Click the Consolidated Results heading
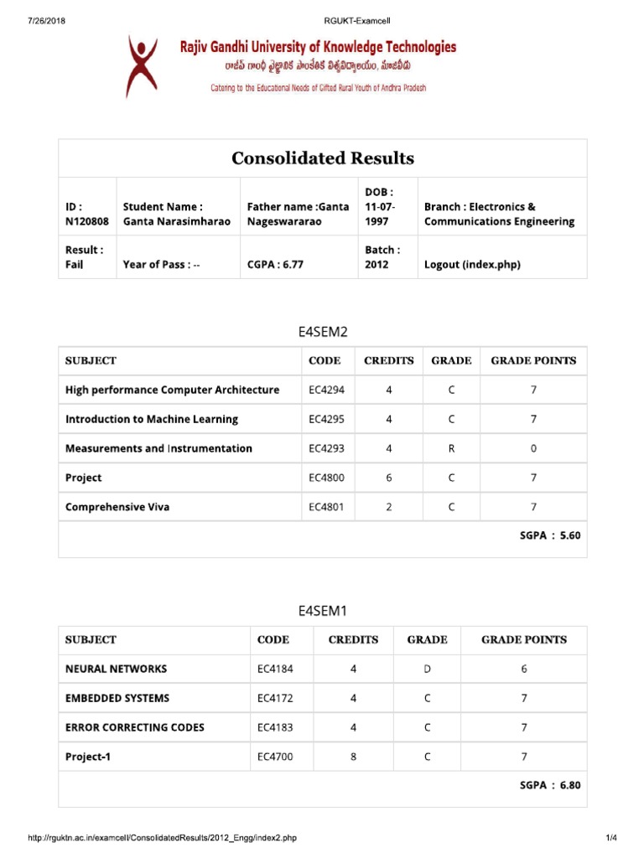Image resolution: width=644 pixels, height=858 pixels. pos(323,158)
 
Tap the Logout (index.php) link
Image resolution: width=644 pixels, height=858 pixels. pos(472,264)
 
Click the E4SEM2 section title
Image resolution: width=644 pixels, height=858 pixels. pos(323,331)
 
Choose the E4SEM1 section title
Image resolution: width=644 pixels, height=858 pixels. pos(323,610)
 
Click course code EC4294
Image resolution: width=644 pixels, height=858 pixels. pos(326,390)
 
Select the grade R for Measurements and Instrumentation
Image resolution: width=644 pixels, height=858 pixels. pos(451,448)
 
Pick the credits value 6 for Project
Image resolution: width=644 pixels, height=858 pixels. pos(388,478)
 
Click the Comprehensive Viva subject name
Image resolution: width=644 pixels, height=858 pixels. pos(117,507)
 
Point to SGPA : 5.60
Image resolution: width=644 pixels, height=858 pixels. pos(550,535)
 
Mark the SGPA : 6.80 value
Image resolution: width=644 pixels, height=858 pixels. pos(550,785)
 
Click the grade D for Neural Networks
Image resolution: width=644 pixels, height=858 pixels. pos(427,669)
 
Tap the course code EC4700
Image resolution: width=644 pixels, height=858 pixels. pos(275,757)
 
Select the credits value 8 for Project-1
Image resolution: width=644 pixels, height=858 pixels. pos(353,757)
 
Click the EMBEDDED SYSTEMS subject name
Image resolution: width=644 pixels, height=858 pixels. pos(117,698)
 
